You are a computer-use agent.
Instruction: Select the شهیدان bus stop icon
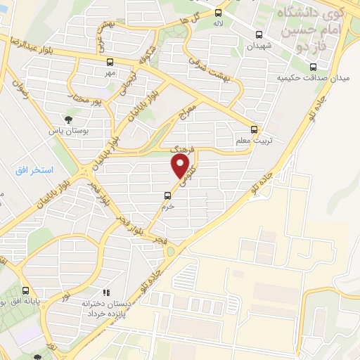point(259,34)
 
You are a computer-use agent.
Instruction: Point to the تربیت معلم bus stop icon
point(255,129)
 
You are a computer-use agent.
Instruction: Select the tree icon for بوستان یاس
point(68,120)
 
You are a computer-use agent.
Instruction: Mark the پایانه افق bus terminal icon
point(26,290)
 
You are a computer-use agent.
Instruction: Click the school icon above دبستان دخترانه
point(105,292)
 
